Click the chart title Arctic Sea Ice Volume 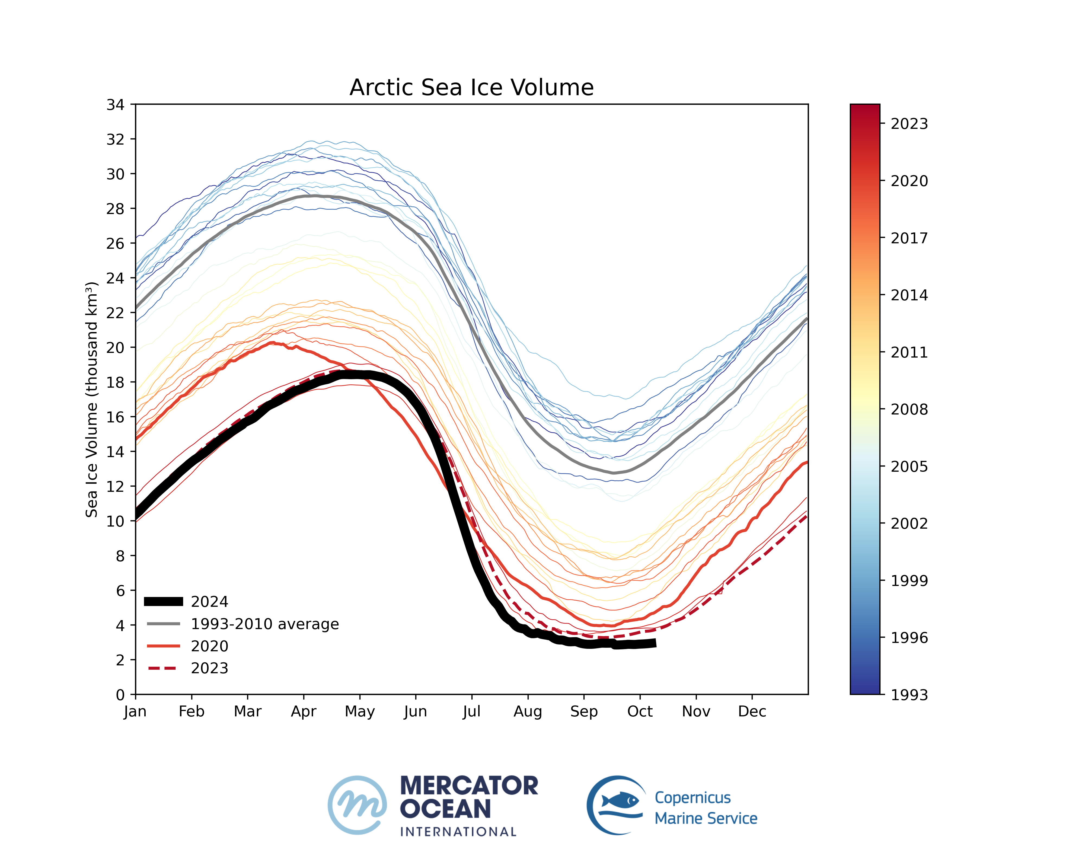click(471, 88)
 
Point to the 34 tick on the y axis click(115, 105)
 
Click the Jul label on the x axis click(471, 711)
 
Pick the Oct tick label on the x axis click(640, 711)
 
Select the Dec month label click(752, 711)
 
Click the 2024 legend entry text click(209, 602)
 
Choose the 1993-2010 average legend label click(265, 624)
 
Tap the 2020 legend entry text click(209, 646)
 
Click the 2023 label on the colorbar click(909, 124)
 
